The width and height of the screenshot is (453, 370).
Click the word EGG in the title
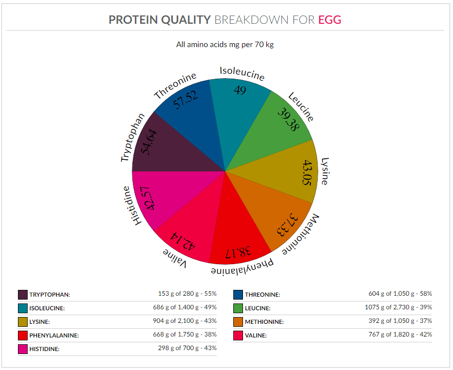coord(330,20)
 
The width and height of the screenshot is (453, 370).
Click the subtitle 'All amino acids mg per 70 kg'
coord(225,45)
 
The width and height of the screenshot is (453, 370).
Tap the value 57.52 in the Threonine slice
coord(186,100)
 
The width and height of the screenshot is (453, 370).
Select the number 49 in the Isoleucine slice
coord(240,90)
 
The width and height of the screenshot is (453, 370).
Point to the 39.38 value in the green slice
coord(288,119)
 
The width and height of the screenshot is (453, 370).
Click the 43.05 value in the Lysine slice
coord(307,172)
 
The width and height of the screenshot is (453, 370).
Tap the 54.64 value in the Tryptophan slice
coord(149,142)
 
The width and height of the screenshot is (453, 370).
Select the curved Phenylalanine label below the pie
coord(242,268)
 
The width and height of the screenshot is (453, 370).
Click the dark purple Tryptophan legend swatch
coord(23,295)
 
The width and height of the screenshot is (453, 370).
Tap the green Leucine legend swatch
coord(238,308)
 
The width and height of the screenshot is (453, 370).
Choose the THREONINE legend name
coord(262,295)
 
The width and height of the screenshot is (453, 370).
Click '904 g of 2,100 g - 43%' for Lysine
coord(185,321)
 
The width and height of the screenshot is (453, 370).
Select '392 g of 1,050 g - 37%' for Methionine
coord(400,321)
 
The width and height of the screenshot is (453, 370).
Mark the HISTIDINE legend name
coord(45,349)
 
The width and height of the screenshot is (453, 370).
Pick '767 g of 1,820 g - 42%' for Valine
coord(400,335)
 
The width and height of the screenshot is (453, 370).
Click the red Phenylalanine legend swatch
coord(23,336)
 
